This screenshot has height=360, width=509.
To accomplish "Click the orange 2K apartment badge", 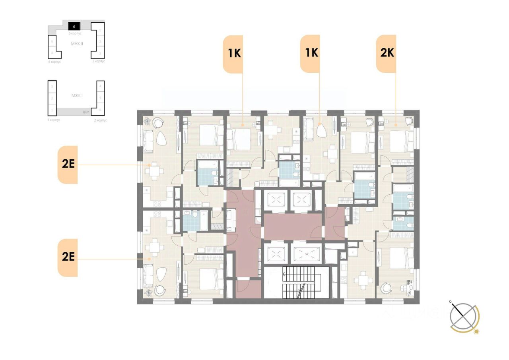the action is pos(386,54).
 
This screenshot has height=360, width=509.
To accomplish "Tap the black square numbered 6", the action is pos(74,27).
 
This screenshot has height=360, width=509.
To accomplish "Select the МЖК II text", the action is pos(77,43).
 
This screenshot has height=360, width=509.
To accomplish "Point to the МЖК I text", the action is pos(76,96).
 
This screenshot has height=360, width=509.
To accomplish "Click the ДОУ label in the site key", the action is pos(85,112).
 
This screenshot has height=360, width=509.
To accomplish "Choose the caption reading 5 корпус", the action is pos(75,34).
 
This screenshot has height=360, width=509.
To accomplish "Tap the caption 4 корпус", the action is pos(54,62).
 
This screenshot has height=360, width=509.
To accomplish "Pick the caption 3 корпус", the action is pos(99,62).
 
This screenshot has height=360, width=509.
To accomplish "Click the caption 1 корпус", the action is pos(53,120).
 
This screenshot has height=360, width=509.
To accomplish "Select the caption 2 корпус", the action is pos(100,120).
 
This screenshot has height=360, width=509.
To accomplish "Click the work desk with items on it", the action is pos(409,287).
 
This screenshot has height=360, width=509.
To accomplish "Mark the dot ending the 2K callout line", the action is pos(396,125).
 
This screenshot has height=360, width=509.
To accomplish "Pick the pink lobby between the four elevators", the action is pos(293,226).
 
